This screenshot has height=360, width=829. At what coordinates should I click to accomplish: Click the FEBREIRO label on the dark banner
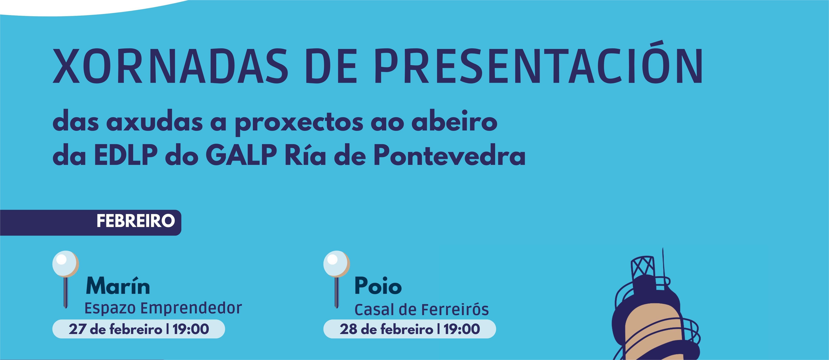(136, 221)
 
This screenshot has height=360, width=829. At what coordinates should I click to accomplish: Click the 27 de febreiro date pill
(139, 329)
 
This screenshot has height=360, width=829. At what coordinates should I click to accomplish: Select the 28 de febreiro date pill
(410, 329)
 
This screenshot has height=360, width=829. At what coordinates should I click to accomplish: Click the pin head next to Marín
(66, 264)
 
